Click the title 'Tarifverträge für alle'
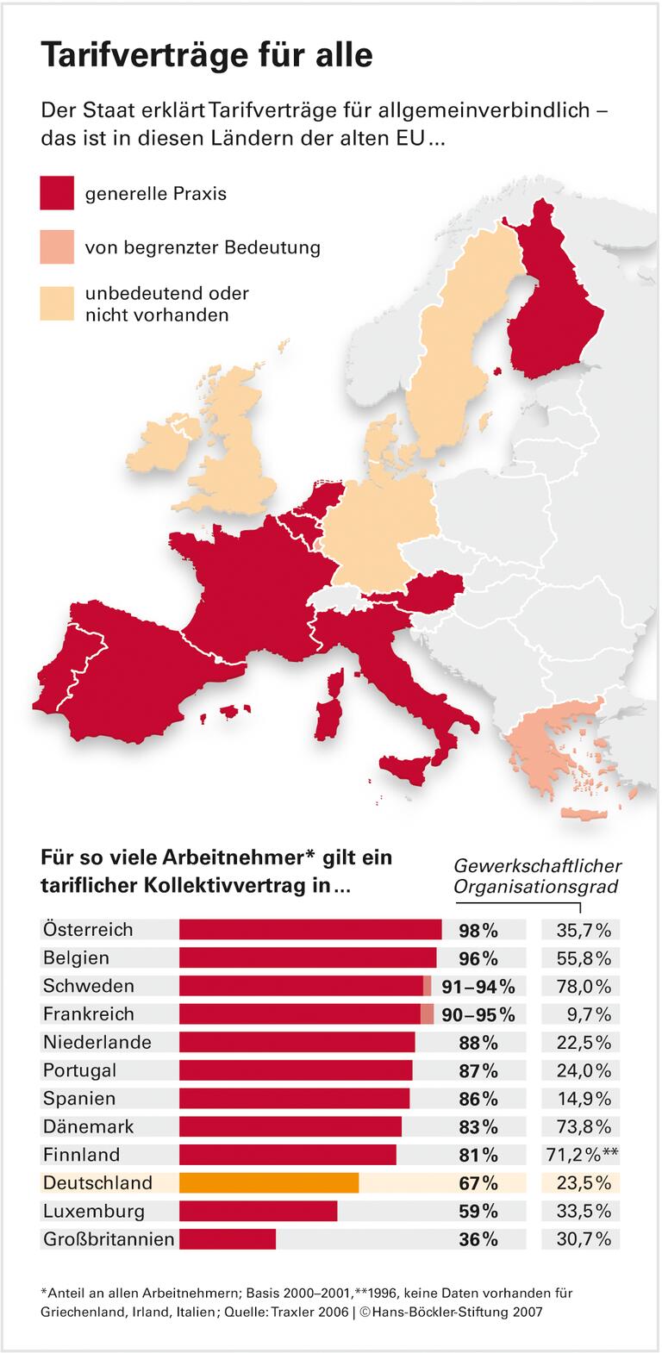(207, 55)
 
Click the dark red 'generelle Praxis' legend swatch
(58, 194)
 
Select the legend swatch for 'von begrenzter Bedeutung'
(58, 247)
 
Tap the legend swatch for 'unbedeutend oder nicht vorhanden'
(58, 303)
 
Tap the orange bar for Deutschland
(268, 1182)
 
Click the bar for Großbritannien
(227, 1239)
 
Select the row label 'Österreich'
(88, 929)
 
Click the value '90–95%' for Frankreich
(478, 1014)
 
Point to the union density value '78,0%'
(580, 986)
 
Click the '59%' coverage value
(478, 1211)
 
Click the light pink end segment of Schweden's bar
(427, 986)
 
